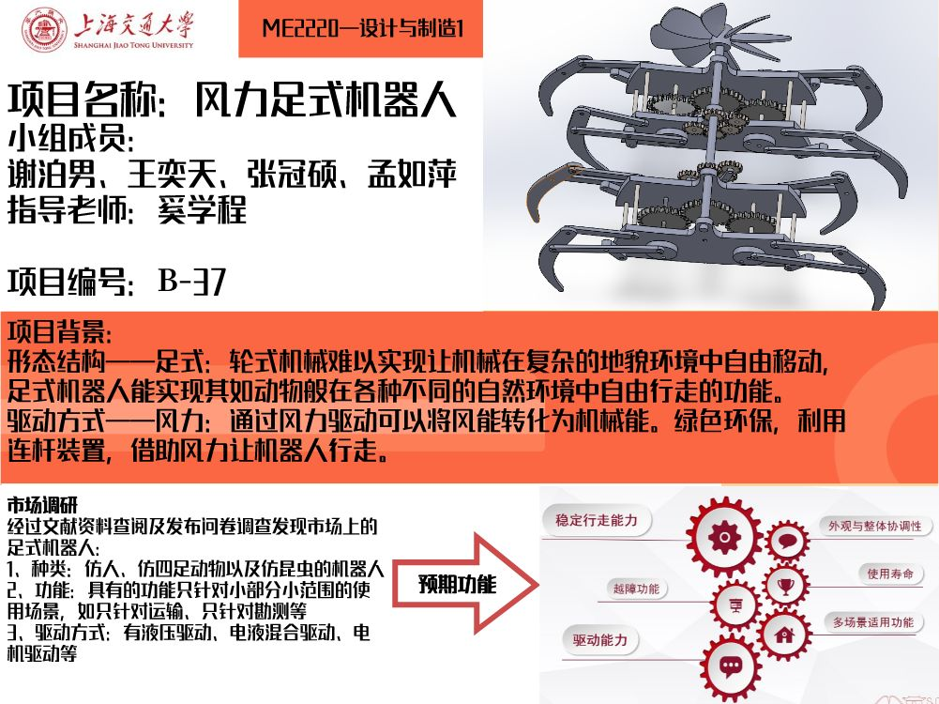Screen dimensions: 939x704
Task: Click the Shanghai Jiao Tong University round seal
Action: (44, 29)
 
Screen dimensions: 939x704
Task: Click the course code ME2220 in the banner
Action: (300, 28)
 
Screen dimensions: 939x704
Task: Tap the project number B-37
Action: (192, 281)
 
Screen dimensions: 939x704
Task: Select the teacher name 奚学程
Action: (202, 209)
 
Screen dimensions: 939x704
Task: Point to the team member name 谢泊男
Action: (53, 174)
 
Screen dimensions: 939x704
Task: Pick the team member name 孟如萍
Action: (412, 174)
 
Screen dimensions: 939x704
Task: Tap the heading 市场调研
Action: (42, 504)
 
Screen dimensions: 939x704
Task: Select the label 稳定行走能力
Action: (597, 520)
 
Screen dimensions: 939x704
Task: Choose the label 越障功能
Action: (636, 589)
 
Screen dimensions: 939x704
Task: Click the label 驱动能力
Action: (600, 640)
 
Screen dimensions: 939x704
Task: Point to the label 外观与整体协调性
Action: (875, 526)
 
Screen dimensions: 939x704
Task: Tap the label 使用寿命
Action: (890, 574)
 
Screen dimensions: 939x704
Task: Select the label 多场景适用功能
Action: (873, 622)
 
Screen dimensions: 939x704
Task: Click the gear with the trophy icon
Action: (786, 586)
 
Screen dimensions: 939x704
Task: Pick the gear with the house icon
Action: (784, 635)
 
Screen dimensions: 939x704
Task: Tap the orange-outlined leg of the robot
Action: (550, 191)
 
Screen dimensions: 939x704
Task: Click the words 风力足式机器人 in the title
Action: (326, 99)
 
